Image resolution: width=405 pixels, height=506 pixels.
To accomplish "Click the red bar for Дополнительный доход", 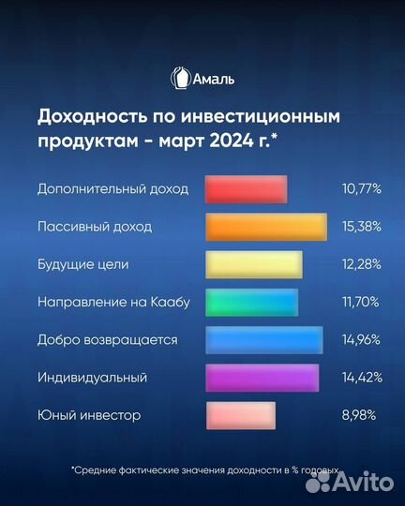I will (245, 188).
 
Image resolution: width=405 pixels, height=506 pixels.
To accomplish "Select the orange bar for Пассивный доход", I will (265, 227).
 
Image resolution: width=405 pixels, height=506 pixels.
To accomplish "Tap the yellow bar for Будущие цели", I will (253, 264).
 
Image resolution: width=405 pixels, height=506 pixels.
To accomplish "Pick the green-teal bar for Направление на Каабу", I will (250, 302).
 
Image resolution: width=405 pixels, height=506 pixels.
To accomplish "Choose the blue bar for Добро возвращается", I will (263, 339).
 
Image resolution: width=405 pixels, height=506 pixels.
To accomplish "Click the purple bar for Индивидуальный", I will (262, 378).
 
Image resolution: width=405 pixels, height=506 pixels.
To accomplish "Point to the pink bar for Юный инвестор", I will (240, 415).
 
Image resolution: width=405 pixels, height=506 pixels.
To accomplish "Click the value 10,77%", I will (362, 188).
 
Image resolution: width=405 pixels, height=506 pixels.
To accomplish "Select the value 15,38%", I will (362, 227).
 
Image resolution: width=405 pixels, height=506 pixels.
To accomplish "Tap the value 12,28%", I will (362, 264).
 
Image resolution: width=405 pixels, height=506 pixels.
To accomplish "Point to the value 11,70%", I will (362, 302).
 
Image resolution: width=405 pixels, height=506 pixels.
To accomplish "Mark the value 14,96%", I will (362, 339).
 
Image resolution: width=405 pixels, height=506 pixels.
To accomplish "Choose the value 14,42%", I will (362, 378).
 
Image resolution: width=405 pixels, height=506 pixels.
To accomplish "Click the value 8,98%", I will (364, 415).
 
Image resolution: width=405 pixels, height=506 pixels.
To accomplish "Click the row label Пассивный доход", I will (95, 227).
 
